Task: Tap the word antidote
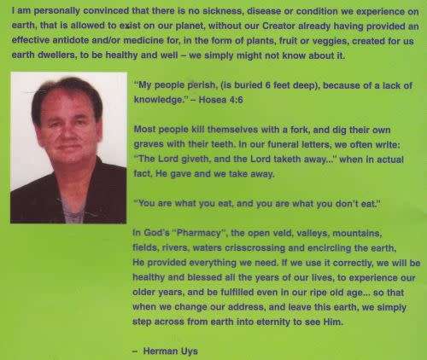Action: click(71, 40)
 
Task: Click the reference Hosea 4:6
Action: click(220, 100)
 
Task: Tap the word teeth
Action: click(223, 144)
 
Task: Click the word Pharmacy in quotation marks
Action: click(198, 233)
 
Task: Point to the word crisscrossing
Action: click(254, 248)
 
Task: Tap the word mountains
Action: click(357, 234)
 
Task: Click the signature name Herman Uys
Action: click(171, 351)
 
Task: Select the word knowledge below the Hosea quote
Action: click(159, 100)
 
